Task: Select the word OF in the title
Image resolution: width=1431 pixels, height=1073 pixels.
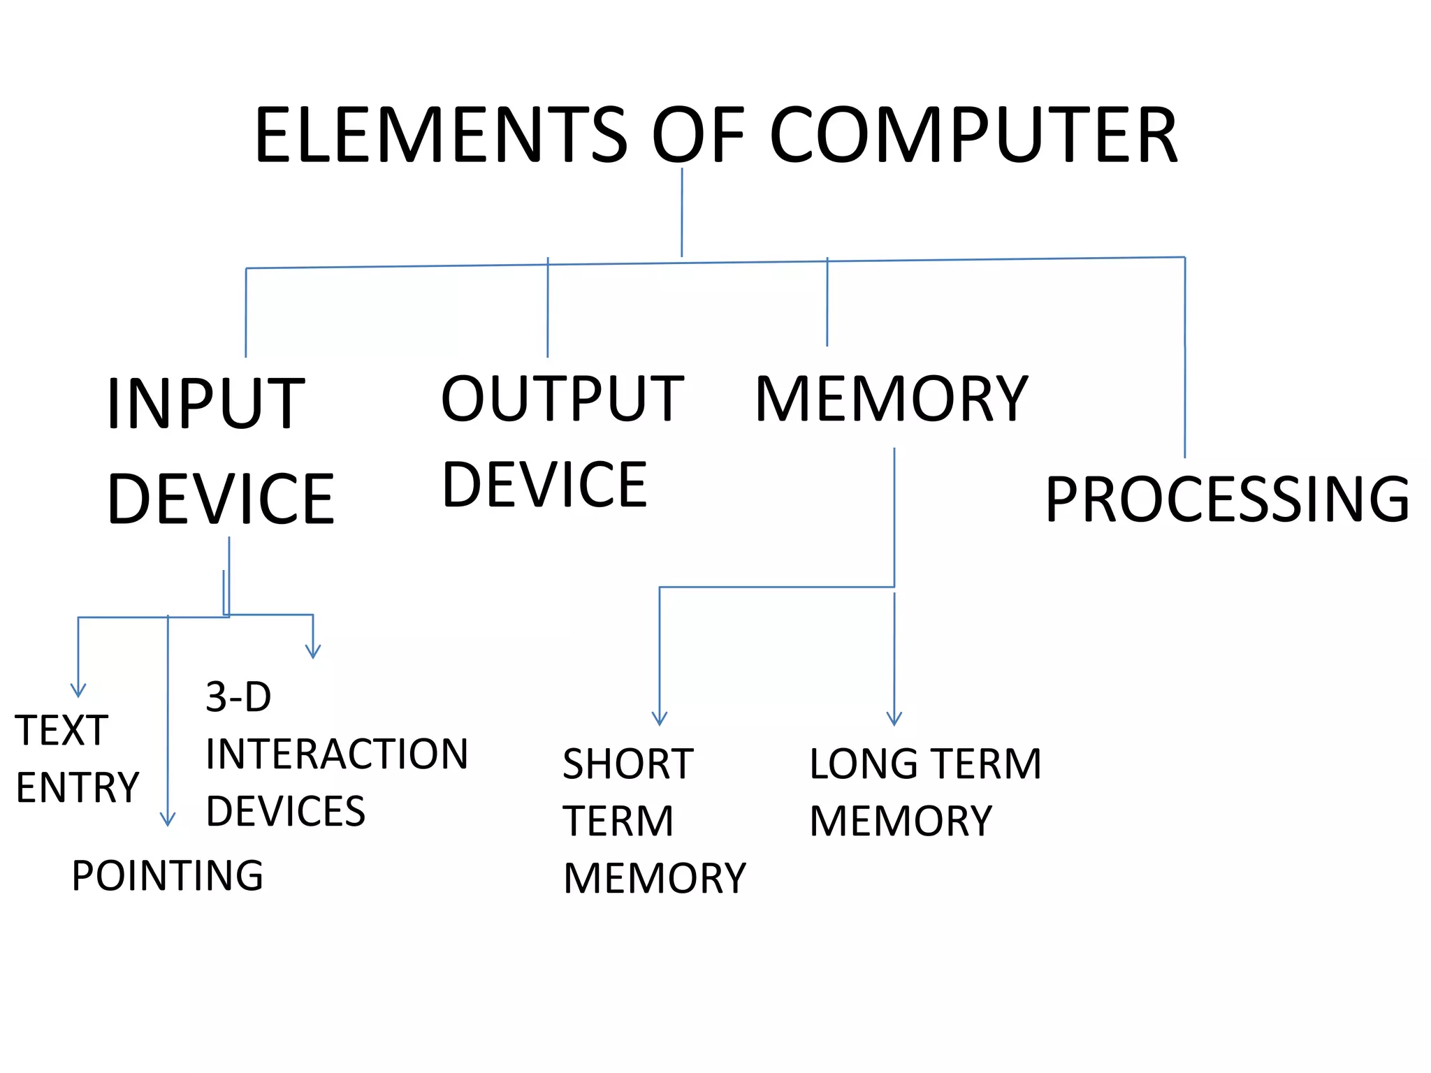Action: [699, 136]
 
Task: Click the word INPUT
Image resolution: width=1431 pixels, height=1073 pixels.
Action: [206, 404]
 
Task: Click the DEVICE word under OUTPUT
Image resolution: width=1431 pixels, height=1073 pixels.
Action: [545, 485]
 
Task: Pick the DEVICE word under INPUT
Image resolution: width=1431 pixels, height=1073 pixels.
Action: [221, 499]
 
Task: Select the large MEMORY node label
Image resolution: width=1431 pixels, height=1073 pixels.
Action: [892, 399]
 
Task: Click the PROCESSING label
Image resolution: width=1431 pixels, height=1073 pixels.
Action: [1227, 499]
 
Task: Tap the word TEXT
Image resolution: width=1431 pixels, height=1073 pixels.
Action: [61, 731]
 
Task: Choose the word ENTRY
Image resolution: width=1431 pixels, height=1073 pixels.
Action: [78, 788]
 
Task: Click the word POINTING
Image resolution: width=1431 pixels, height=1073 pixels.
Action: [168, 875]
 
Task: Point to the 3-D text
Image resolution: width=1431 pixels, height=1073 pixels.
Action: [238, 697]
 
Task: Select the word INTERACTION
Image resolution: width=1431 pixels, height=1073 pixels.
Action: [337, 754]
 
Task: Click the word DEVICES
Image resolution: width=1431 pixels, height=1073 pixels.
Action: [286, 812]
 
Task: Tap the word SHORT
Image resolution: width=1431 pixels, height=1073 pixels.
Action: [627, 764]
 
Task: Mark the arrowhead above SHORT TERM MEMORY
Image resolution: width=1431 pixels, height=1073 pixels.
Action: [660, 719]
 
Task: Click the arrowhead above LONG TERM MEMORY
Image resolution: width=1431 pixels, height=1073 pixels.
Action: [894, 719]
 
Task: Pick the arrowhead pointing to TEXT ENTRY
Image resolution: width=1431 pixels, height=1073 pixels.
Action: [78, 691]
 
